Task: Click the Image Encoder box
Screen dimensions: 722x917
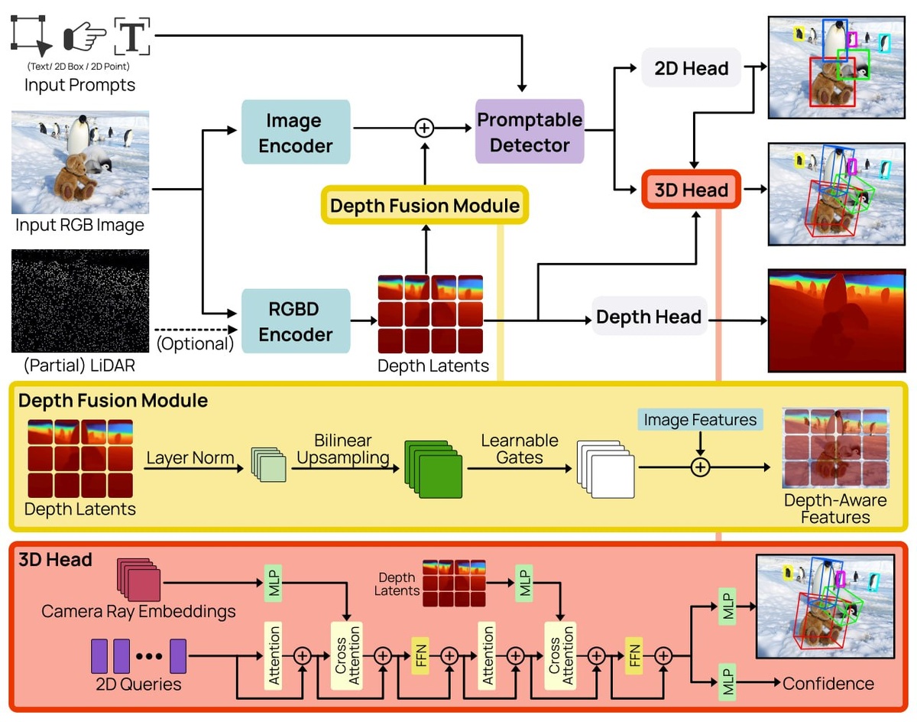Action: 295,132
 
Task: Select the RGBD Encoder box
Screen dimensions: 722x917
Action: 295,322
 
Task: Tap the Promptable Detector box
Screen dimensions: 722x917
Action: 530,132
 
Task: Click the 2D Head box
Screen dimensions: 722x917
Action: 691,68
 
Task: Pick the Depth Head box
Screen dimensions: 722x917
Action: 649,317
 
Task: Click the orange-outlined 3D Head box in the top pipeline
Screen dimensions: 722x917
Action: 691,190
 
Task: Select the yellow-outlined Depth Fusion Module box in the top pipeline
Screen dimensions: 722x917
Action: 425,206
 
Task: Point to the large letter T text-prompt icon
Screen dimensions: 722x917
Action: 132,35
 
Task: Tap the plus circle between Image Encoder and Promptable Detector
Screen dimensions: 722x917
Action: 423,128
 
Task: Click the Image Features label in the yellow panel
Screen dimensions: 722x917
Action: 700,420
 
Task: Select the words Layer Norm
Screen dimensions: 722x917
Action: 190,459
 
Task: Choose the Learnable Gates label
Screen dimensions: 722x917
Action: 519,449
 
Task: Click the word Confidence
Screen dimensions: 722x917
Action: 828,683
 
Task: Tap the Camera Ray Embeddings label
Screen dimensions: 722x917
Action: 138,611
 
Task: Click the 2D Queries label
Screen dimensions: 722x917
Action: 138,684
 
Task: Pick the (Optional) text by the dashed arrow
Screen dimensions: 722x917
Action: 195,343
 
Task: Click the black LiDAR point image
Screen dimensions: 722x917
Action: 80,301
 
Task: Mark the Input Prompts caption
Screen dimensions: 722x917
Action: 79,84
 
